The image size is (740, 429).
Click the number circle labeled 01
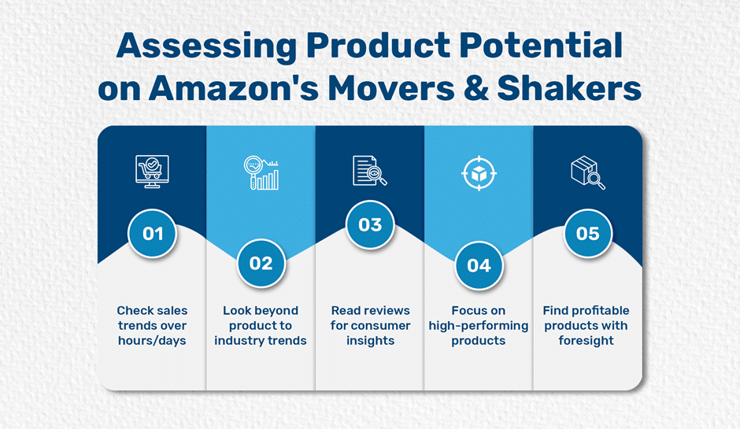(153, 234)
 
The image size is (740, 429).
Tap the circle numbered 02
(261, 264)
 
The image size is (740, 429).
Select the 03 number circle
(370, 224)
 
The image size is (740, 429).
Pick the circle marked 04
(479, 266)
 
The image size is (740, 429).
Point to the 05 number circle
(587, 234)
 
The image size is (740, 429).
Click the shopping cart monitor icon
(152, 172)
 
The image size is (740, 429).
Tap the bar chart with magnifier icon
(261, 172)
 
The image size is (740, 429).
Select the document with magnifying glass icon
(370, 171)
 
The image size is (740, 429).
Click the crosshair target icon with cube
(479, 173)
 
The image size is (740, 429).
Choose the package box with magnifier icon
(588, 172)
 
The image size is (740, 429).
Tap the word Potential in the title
(541, 46)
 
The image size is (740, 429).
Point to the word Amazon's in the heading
(234, 88)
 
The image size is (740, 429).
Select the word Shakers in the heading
(569, 88)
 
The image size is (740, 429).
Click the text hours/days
(152, 341)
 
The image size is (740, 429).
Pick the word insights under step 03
(371, 341)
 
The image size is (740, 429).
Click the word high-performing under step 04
(479, 326)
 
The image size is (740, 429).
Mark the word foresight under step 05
(586, 341)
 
